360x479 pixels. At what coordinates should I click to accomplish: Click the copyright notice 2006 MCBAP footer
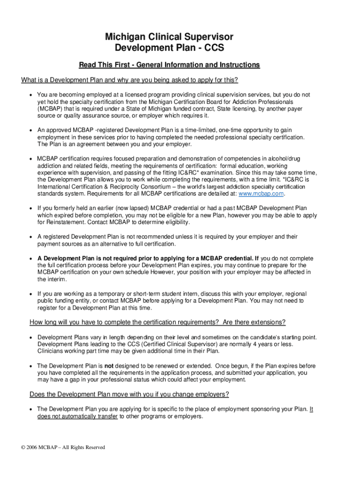click(x=63, y=447)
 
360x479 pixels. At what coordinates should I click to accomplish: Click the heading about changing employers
click(x=129, y=394)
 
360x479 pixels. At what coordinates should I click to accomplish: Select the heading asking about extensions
click(x=157, y=322)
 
